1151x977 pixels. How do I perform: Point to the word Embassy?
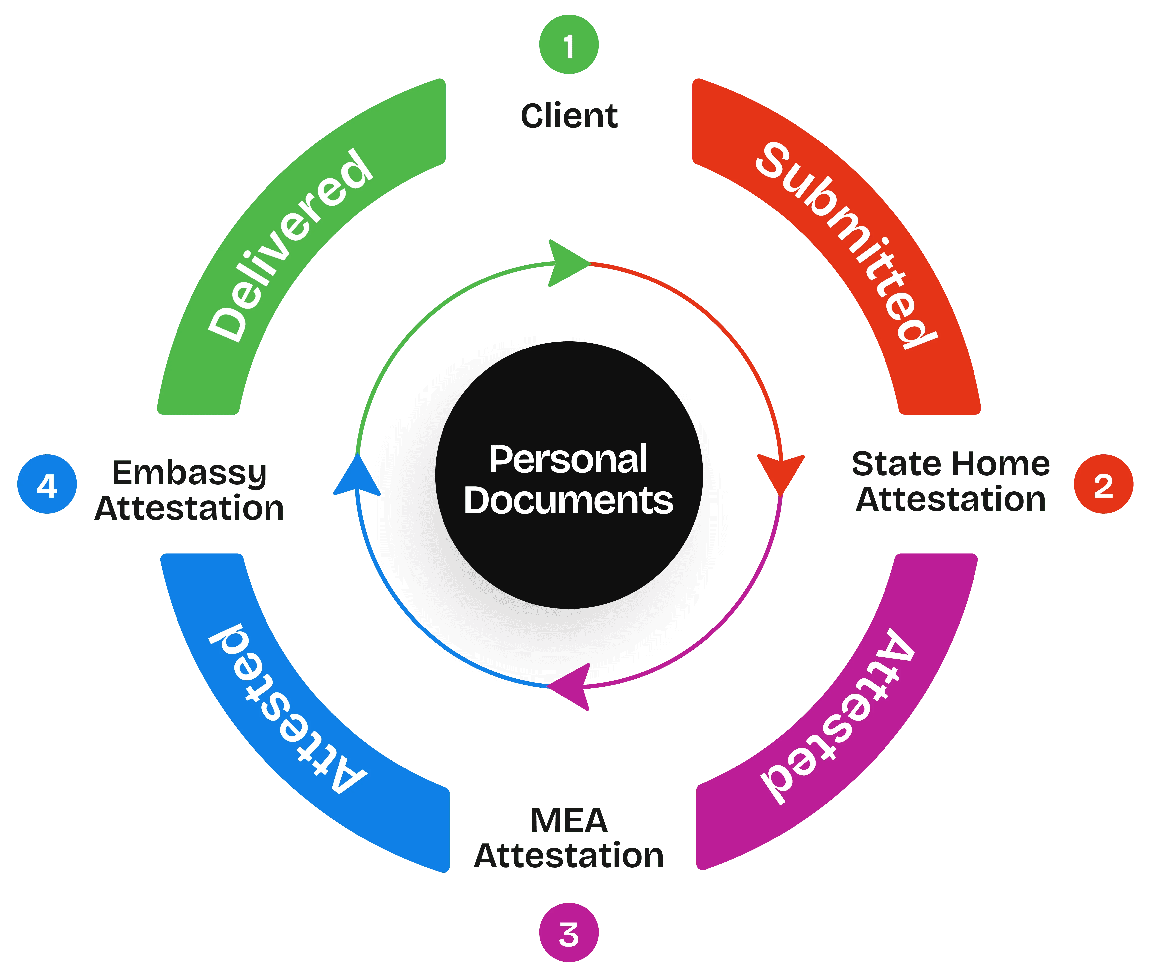(190, 474)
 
